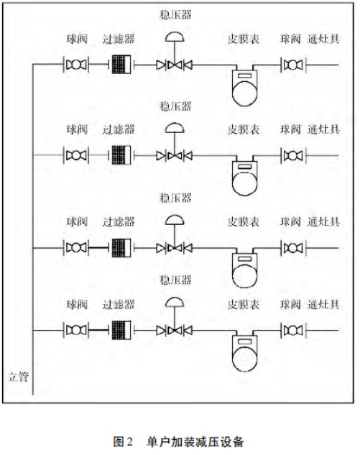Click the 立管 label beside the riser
pyautogui.click(x=18, y=377)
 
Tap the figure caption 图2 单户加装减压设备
pyautogui.click(x=178, y=441)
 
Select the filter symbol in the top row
pyautogui.click(x=121, y=65)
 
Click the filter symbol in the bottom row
pyautogui.click(x=121, y=330)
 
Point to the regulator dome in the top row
pyautogui.click(x=175, y=38)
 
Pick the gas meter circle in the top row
pyautogui.click(x=244, y=93)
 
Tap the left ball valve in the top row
pyautogui.click(x=76, y=65)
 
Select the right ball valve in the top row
pyautogui.click(x=293, y=65)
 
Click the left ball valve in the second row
pyautogui.click(x=76, y=155)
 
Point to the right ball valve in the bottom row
pyautogui.click(x=293, y=330)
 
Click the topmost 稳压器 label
pyautogui.click(x=175, y=14)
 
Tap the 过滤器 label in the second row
pyautogui.click(x=119, y=129)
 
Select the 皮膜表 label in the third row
pyautogui.click(x=243, y=221)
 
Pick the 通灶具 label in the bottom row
pyautogui.click(x=323, y=304)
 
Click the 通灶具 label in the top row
pyautogui.click(x=323, y=39)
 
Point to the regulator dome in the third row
pyautogui.click(x=175, y=220)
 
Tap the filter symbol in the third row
pyautogui.click(x=121, y=248)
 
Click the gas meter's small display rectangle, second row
pyautogui.click(x=244, y=167)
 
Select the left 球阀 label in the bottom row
pyautogui.click(x=77, y=304)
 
